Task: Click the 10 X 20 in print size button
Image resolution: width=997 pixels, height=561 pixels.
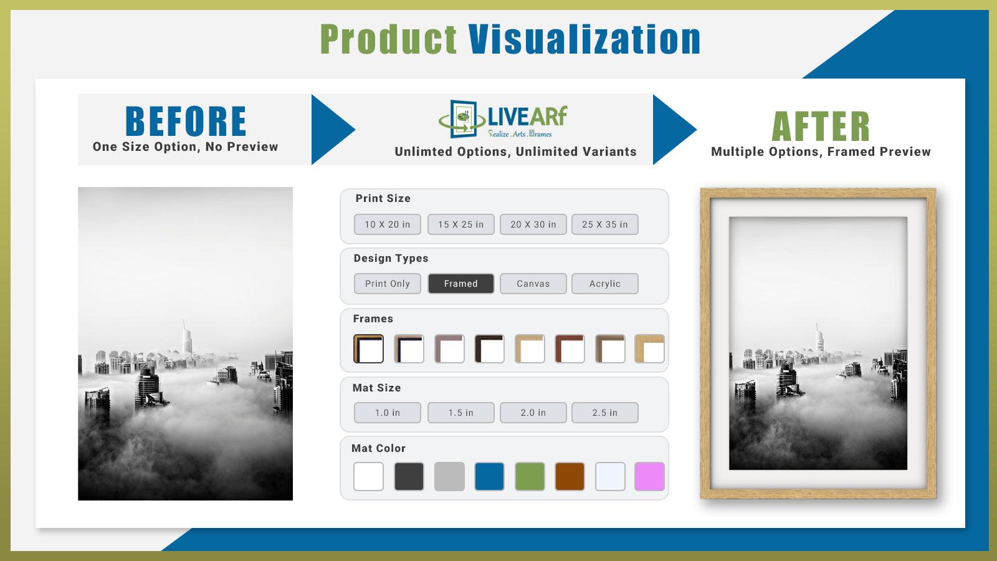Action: pyautogui.click(x=387, y=224)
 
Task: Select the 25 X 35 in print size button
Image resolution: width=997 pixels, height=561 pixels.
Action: pyautogui.click(x=604, y=224)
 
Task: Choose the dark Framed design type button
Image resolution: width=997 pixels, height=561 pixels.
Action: pyautogui.click(x=460, y=284)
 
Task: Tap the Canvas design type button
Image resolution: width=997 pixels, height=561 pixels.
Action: pyautogui.click(x=533, y=284)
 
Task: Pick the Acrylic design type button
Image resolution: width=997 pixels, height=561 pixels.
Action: pyautogui.click(x=604, y=284)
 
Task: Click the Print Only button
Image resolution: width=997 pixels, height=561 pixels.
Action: pyautogui.click(x=387, y=284)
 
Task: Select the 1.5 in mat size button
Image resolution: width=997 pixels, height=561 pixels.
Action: pyautogui.click(x=460, y=413)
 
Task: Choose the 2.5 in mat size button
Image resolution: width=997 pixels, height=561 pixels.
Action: pyautogui.click(x=604, y=413)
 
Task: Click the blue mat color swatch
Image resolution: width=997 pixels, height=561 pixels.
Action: pyautogui.click(x=489, y=477)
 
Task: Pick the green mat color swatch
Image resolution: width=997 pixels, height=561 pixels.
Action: pyautogui.click(x=530, y=477)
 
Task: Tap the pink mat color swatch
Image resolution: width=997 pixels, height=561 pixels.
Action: pyautogui.click(x=649, y=477)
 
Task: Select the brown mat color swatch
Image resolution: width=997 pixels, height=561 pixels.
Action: pyautogui.click(x=570, y=477)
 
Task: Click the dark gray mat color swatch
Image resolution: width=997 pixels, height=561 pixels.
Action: pyautogui.click(x=409, y=477)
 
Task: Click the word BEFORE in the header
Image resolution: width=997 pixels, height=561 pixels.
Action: pyautogui.click(x=186, y=122)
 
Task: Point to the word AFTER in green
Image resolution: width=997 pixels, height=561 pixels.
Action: pyautogui.click(x=821, y=127)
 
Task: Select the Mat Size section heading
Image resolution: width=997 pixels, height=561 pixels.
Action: pyautogui.click(x=376, y=388)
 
